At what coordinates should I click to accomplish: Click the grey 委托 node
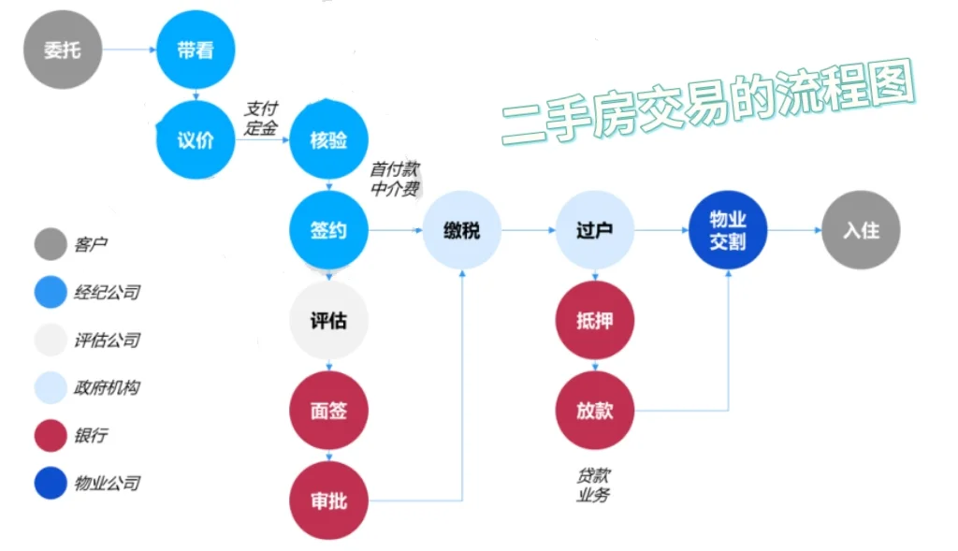point(62,50)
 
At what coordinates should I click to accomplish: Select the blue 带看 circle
point(195,50)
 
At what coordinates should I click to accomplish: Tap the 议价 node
point(195,140)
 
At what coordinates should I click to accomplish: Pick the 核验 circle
point(328,140)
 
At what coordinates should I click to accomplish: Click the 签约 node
point(328,230)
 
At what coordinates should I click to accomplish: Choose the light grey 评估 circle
point(328,320)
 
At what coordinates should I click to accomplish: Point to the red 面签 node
point(328,411)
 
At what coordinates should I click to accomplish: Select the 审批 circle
point(328,501)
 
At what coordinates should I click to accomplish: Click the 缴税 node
point(461,230)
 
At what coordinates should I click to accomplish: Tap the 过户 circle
point(595,230)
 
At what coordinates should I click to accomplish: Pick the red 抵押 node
point(595,320)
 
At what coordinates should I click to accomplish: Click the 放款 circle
point(595,411)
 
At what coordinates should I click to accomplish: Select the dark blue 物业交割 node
point(728,230)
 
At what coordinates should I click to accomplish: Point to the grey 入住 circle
point(861,230)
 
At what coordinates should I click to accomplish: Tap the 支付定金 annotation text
point(261,120)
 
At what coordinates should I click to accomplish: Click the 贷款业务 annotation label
point(593,486)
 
